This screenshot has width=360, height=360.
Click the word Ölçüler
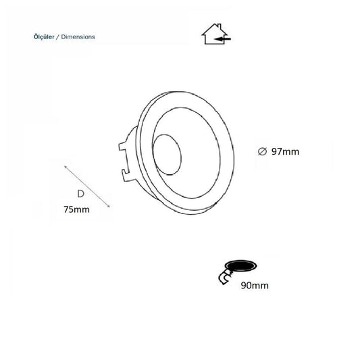tap(44, 36)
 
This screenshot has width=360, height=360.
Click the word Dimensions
tap(78, 36)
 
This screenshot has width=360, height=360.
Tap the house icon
tap(216, 34)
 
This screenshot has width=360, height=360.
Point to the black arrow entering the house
tap(222, 39)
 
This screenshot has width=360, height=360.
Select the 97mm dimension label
tap(286, 152)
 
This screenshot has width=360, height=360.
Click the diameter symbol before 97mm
tap(262, 151)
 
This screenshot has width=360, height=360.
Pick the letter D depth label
tap(80, 194)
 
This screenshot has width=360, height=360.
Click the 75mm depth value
tap(77, 209)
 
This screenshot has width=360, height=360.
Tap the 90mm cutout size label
tap(255, 286)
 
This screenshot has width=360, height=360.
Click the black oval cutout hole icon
tap(241, 266)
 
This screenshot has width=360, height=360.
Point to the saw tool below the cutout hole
tap(225, 278)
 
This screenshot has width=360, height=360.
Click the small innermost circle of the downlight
tap(167, 155)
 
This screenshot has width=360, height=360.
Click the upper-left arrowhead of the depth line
tap(66, 166)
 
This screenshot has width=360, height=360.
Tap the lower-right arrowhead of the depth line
tap(108, 206)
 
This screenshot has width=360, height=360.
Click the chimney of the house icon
tap(220, 26)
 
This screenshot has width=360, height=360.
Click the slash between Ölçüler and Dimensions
tap(57, 37)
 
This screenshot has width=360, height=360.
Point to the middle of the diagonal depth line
tap(87, 186)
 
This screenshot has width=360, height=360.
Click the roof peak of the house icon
tap(214, 24)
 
